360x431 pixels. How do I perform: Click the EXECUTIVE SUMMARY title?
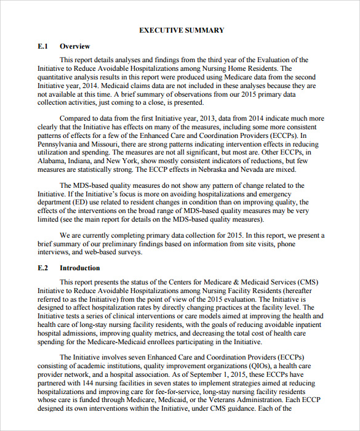[182, 30]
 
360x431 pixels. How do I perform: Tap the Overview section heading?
[74, 46]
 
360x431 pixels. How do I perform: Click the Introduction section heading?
[79, 268]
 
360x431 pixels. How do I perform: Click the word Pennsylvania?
[60, 144]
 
